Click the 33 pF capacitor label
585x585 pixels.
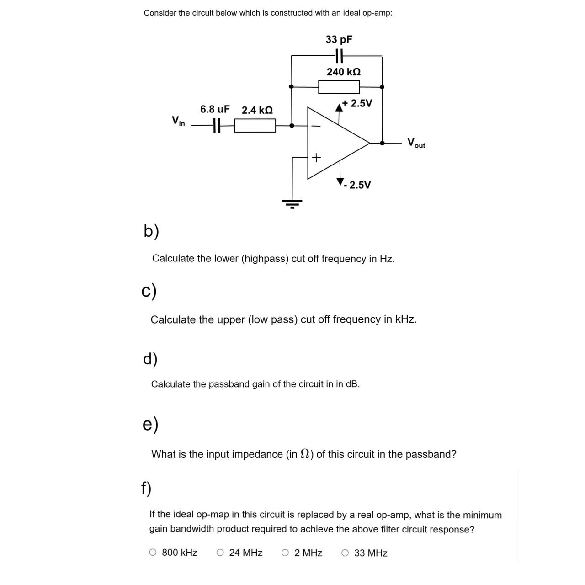pyautogui.click(x=339, y=39)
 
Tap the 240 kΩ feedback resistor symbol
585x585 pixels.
pyautogui.click(x=339, y=86)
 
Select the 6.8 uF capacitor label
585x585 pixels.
pyautogui.click(x=215, y=110)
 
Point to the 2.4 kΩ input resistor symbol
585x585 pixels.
pyautogui.click(x=255, y=125)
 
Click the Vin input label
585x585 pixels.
pyautogui.click(x=178, y=121)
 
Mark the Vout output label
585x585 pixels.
pyautogui.click(x=416, y=143)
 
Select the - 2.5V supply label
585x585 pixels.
pyautogui.click(x=358, y=185)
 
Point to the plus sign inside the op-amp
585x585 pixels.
pyautogui.click(x=316, y=158)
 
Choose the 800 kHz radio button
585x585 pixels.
pyautogui.click(x=153, y=553)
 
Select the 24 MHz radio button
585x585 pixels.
pyautogui.click(x=220, y=553)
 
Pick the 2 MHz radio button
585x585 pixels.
pyautogui.click(x=285, y=553)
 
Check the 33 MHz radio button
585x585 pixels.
pyautogui.click(x=345, y=553)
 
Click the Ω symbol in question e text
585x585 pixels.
pyautogui.click(x=305, y=454)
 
